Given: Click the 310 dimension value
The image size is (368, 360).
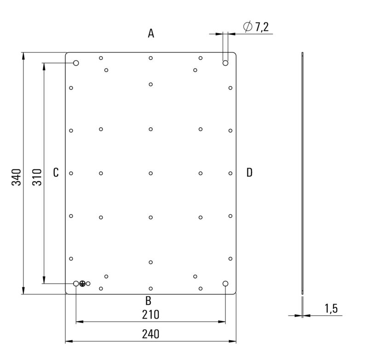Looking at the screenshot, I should [x=37, y=177].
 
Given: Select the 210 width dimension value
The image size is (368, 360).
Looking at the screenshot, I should [x=150, y=315].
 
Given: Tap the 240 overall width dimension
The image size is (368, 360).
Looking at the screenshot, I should [x=150, y=335].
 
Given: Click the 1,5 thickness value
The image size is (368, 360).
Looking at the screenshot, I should [x=331, y=309].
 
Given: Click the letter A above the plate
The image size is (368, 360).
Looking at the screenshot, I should [x=151, y=33].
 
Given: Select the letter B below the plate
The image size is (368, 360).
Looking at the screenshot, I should [x=148, y=301].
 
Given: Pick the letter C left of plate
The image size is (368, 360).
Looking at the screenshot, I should [x=56, y=172].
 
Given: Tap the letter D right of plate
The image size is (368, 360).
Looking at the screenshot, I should [x=249, y=172].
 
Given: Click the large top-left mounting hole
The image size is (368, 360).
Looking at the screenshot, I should [x=76, y=63].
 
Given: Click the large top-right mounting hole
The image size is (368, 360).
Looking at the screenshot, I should [x=225, y=63].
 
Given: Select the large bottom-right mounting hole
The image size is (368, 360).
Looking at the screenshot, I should [x=225, y=284].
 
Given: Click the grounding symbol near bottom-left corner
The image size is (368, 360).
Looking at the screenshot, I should [x=82, y=284].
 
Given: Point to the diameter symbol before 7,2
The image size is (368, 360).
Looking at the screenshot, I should [x=247, y=27].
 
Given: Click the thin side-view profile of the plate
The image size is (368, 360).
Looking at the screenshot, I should [x=302, y=173].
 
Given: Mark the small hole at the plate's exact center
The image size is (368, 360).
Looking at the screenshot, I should [x=151, y=173].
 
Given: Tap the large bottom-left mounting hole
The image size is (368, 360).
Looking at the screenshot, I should [x=76, y=284].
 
